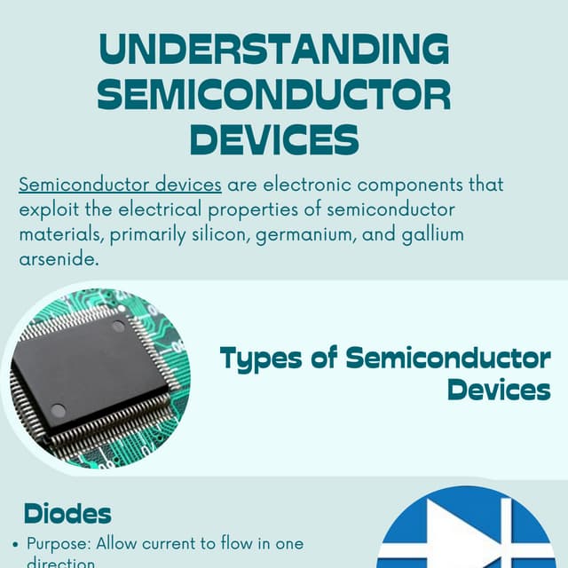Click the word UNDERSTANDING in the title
pyautogui.click(x=274, y=50)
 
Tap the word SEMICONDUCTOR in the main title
pyautogui.click(x=274, y=94)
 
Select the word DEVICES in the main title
pyautogui.click(x=274, y=138)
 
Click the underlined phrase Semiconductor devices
pyautogui.click(x=120, y=185)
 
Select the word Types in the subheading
pyautogui.click(x=256, y=359)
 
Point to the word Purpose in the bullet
pyautogui.click(x=56, y=543)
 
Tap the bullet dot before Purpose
pyautogui.click(x=16, y=544)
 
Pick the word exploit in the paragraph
pyautogui.click(x=46, y=211)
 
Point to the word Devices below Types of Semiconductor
pyautogui.click(x=499, y=389)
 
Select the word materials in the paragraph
pyautogui.click(x=56, y=237)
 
